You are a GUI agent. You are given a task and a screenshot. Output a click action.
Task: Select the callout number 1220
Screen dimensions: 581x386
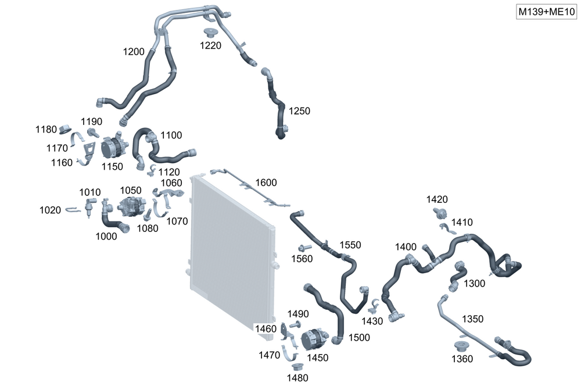point(210,46)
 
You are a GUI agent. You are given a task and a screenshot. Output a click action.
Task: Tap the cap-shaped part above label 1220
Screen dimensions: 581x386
point(210,32)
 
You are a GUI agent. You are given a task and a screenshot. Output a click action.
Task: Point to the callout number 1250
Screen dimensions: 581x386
point(299,110)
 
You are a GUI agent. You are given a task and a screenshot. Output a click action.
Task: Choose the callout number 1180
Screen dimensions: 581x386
point(46,129)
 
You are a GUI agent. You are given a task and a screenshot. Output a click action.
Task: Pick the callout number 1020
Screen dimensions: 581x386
point(50,210)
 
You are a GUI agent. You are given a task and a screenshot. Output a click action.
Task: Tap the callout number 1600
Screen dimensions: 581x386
point(267,183)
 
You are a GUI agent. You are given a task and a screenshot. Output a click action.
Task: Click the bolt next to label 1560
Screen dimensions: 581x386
point(303,248)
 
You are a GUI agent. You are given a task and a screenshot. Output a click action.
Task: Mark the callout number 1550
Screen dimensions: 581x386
point(350,245)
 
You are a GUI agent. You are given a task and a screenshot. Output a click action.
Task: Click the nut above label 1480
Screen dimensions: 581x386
point(297,367)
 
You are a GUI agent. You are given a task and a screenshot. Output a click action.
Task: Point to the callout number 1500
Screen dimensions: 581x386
point(359,337)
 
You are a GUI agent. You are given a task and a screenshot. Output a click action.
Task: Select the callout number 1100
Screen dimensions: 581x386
point(171,135)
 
